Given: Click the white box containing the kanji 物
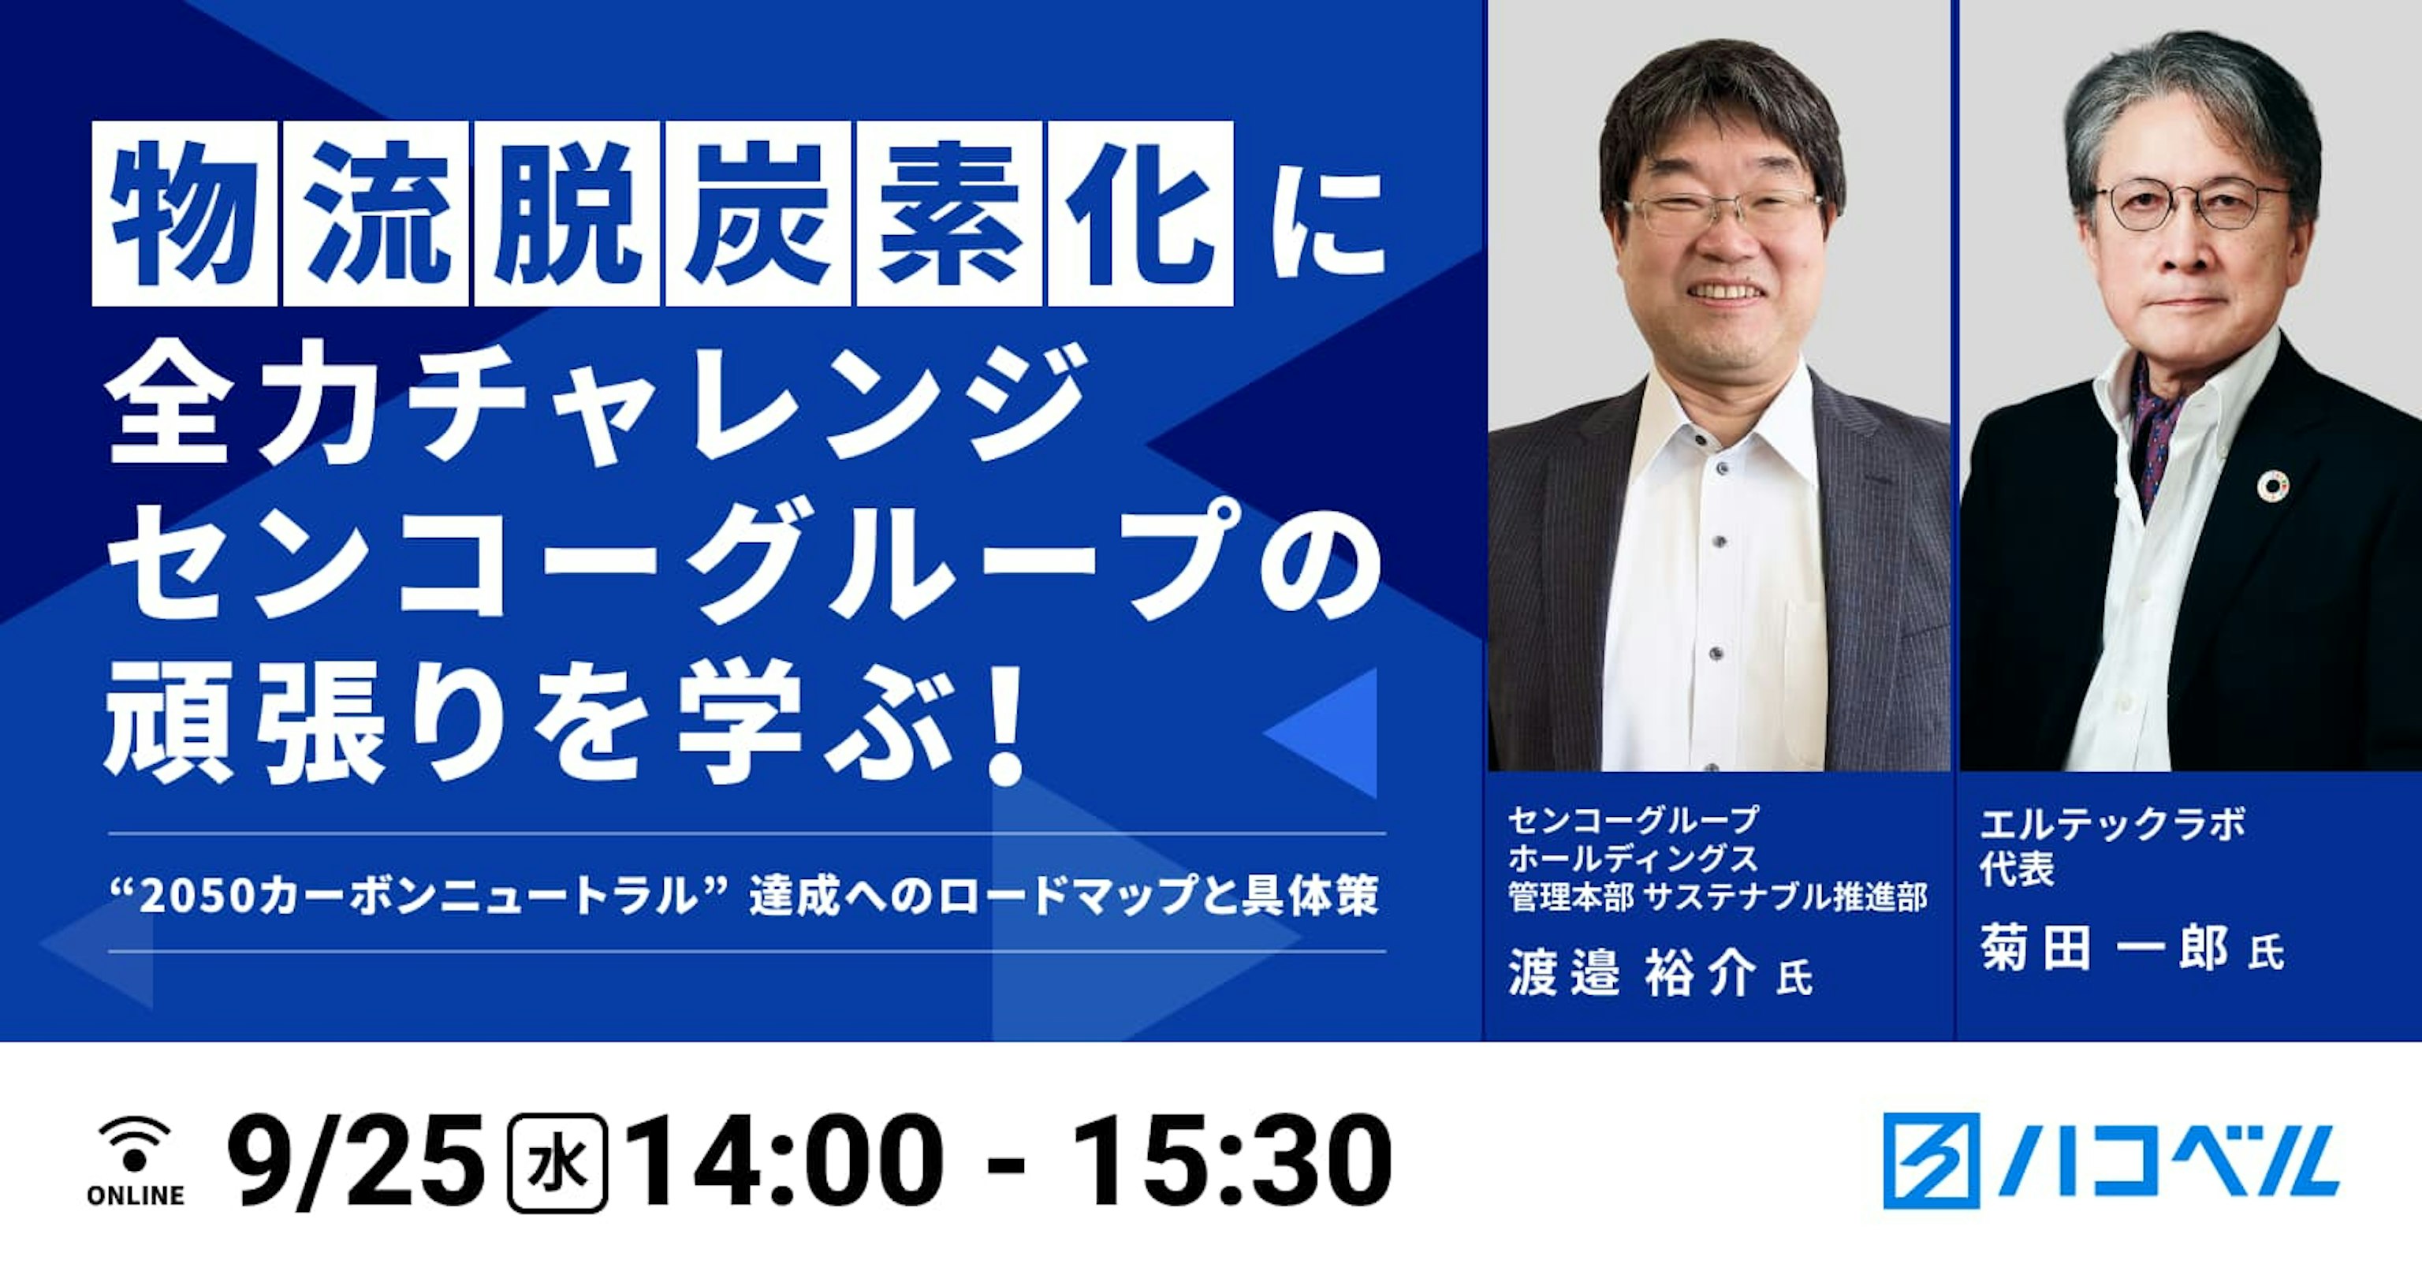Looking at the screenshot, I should tap(184, 214).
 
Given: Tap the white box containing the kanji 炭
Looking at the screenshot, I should tap(758, 214).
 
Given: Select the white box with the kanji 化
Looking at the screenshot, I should tap(1139, 214).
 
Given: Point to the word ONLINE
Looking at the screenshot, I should tap(136, 1195).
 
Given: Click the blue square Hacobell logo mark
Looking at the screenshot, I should tap(1931, 1161).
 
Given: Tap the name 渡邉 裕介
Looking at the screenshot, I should tap(1632, 973).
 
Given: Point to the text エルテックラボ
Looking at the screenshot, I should tap(2111, 825).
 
